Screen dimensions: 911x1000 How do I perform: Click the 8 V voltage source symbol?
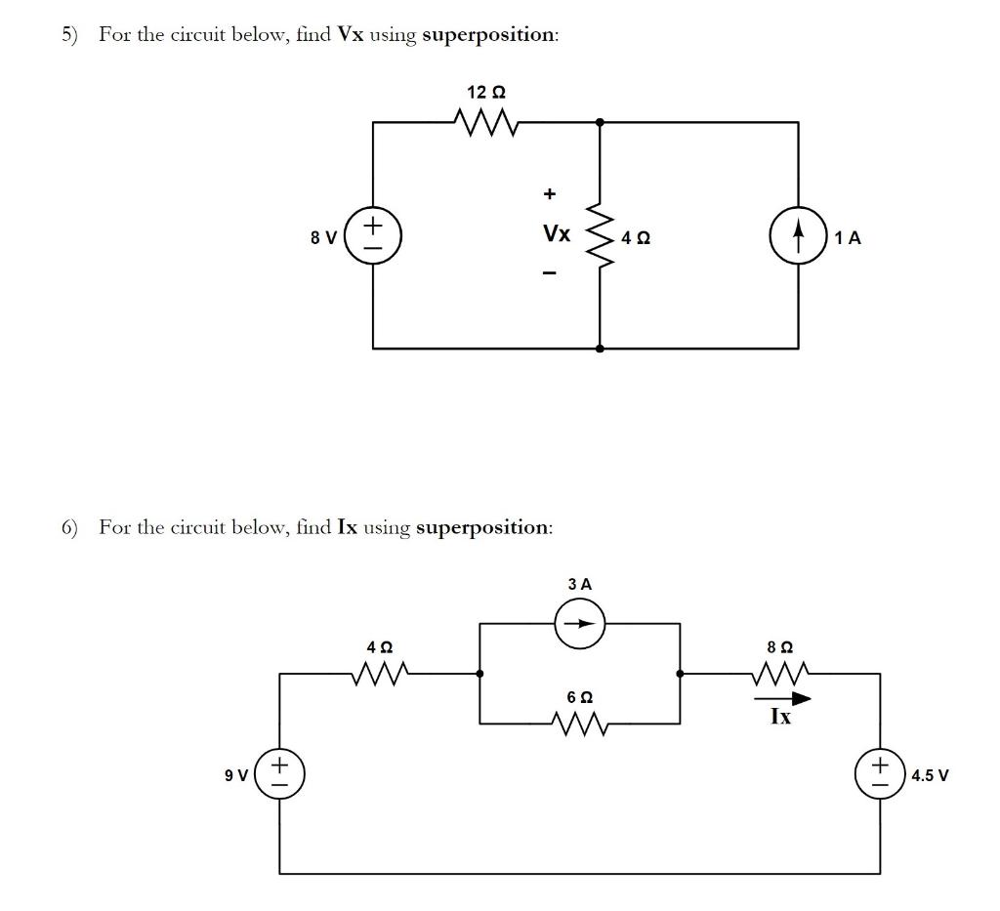tap(373, 236)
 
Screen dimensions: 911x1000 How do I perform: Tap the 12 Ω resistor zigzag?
tap(484, 123)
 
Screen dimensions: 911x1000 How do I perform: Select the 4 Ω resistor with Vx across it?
tap(599, 236)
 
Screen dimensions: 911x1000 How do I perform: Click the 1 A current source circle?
tap(798, 236)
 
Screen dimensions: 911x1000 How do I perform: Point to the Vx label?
tap(556, 234)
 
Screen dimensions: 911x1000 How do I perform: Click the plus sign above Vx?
tap(550, 194)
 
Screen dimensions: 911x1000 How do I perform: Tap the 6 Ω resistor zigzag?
tap(580, 724)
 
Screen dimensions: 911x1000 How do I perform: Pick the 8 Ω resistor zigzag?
tap(780, 673)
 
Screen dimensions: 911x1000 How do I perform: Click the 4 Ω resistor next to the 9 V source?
tap(380, 673)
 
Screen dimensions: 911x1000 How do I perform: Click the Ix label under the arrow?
tap(780, 717)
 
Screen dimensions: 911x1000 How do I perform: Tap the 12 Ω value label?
tap(485, 93)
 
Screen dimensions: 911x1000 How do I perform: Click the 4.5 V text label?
tap(930, 775)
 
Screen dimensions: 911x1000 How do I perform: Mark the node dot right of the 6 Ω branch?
tap(681, 673)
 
